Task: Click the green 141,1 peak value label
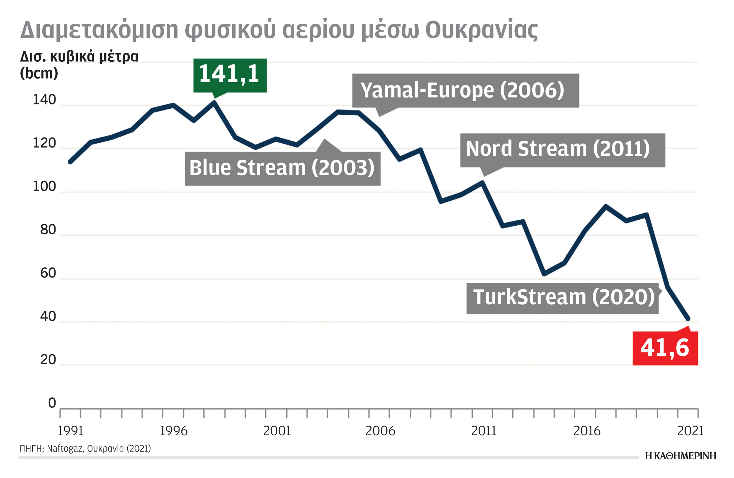pyautogui.click(x=230, y=75)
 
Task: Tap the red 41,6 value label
pyautogui.click(x=665, y=348)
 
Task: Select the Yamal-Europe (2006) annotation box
pyautogui.click(x=465, y=90)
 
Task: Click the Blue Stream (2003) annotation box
pyautogui.click(x=282, y=168)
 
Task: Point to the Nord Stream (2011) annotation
pyautogui.click(x=562, y=150)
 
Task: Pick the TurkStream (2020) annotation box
pyautogui.click(x=562, y=298)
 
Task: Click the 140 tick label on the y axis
pyautogui.click(x=44, y=100)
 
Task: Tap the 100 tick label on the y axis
pyautogui.click(x=44, y=187)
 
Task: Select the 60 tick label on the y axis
pyautogui.click(x=48, y=273)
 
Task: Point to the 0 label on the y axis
pyautogui.click(x=52, y=403)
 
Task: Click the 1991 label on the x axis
pyautogui.click(x=70, y=431)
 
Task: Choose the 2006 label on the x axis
pyautogui.click(x=380, y=431)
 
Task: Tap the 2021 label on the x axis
pyautogui.click(x=690, y=431)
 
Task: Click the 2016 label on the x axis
pyautogui.click(x=587, y=431)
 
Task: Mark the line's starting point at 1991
pyautogui.click(x=70, y=162)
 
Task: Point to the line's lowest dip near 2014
pyautogui.click(x=544, y=274)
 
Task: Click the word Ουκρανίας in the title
pyautogui.click(x=481, y=30)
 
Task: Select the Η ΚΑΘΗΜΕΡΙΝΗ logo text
pyautogui.click(x=680, y=456)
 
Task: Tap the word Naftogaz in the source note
pyautogui.click(x=64, y=449)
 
